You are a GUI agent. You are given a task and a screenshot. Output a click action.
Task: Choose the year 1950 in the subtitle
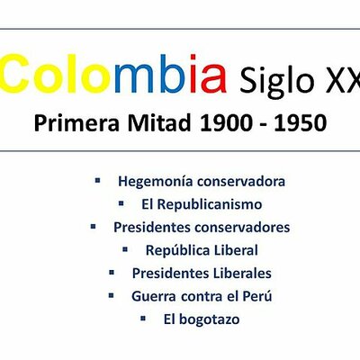301,122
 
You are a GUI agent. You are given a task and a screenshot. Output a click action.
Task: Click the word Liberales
240,273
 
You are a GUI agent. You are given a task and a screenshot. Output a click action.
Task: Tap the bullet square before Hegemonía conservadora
98,180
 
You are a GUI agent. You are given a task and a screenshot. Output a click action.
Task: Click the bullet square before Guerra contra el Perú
112,293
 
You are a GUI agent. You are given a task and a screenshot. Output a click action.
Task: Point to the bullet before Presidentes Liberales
112,271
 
